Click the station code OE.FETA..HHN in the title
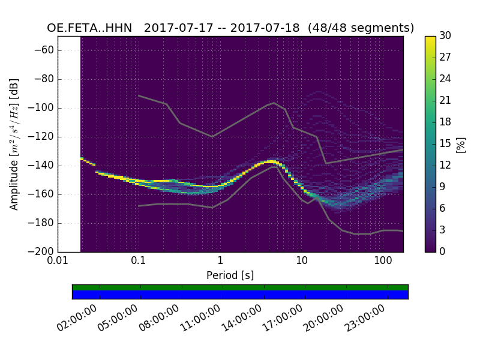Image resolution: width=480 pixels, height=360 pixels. click(89, 28)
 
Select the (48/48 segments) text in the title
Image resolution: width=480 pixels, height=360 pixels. click(362, 28)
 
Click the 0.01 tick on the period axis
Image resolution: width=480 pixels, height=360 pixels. click(58, 261)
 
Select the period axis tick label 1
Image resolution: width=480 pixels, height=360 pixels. click(220, 261)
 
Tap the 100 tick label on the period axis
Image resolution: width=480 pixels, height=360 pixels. click(383, 261)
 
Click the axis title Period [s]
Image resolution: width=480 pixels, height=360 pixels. click(230, 275)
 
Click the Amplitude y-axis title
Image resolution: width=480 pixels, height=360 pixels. click(14, 144)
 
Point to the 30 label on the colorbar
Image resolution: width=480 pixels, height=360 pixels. click(445, 36)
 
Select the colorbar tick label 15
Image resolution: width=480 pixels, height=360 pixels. click(445, 144)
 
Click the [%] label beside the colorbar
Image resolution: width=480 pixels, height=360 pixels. click(461, 144)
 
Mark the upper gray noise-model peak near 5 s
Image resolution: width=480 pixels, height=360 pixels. click(274, 103)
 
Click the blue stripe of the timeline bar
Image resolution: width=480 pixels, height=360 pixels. click(240, 295)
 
